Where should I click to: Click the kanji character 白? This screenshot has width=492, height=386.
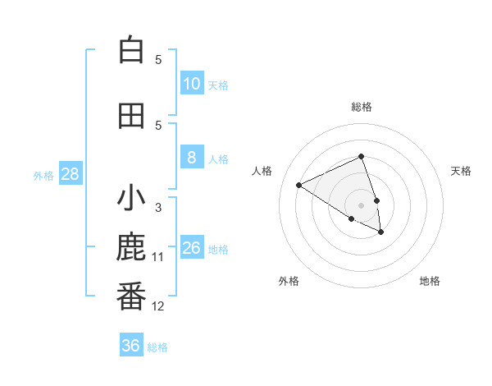point(131,51)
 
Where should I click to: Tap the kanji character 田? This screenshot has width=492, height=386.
point(131,116)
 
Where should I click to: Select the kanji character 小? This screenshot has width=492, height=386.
point(131,200)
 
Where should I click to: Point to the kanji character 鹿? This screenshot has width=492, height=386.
point(131,249)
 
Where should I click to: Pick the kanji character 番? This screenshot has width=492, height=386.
point(131,297)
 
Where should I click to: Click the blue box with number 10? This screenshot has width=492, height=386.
point(192,84)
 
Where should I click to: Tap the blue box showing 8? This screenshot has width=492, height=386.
point(192,158)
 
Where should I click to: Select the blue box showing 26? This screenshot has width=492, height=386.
point(192,248)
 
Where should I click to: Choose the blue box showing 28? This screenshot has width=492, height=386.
point(70,174)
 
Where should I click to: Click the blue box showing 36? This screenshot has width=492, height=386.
point(131,346)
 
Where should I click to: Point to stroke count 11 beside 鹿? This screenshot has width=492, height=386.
point(158,257)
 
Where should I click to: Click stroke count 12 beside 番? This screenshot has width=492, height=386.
point(158,306)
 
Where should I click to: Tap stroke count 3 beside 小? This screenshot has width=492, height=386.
point(158,208)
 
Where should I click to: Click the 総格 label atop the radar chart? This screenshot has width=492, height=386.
point(362,107)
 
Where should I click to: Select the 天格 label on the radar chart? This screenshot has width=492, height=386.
point(462,171)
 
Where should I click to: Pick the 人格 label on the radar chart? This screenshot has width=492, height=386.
point(262,171)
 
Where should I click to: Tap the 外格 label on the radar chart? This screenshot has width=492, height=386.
point(289,281)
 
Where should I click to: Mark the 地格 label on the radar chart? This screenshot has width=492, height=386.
point(430,281)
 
